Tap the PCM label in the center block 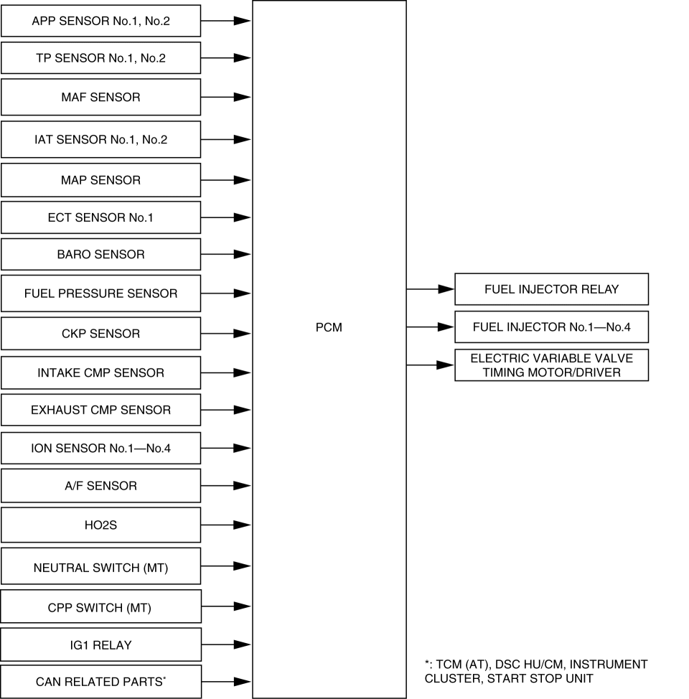(x=329, y=327)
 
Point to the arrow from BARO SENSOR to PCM (x=226, y=254)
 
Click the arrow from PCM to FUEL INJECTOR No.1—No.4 (x=431, y=327)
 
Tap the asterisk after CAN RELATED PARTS (x=164, y=678)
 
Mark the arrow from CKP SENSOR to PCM (x=226, y=334)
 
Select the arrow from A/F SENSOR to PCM (x=226, y=485)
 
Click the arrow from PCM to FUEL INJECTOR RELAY (x=431, y=289)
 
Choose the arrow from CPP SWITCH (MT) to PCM (x=227, y=606)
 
